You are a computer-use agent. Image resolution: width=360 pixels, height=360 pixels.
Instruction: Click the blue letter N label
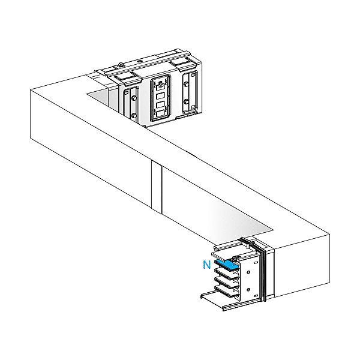pyautogui.click(x=206, y=265)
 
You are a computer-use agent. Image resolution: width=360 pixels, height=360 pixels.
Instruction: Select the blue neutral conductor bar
pyautogui.click(x=226, y=265)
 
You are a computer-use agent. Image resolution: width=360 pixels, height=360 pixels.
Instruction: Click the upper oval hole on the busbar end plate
pyautogui.click(x=248, y=272)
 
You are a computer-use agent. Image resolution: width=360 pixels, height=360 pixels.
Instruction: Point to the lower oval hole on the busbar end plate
pyautogui.click(x=248, y=290)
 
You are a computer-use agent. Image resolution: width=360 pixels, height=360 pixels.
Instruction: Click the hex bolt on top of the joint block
pyautogui.click(x=121, y=65)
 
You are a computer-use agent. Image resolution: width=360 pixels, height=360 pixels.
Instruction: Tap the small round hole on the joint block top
pyautogui.click(x=139, y=61)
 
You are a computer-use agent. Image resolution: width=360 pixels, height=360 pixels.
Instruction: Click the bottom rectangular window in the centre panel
pyautogui.click(x=161, y=113)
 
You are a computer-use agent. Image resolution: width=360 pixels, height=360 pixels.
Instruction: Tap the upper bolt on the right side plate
pyautogui.click(x=187, y=85)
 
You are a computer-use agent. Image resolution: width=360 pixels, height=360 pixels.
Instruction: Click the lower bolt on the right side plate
pyautogui.click(x=187, y=101)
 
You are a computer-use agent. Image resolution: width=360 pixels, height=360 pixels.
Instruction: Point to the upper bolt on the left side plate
pyautogui.click(x=134, y=98)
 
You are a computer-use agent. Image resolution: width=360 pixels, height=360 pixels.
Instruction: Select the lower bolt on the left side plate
pyautogui.click(x=134, y=115)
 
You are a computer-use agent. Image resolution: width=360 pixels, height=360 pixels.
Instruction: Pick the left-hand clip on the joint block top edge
pyautogui.click(x=129, y=77)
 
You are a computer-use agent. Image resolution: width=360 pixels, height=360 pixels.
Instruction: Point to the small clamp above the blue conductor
pyautogui.click(x=236, y=258)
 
